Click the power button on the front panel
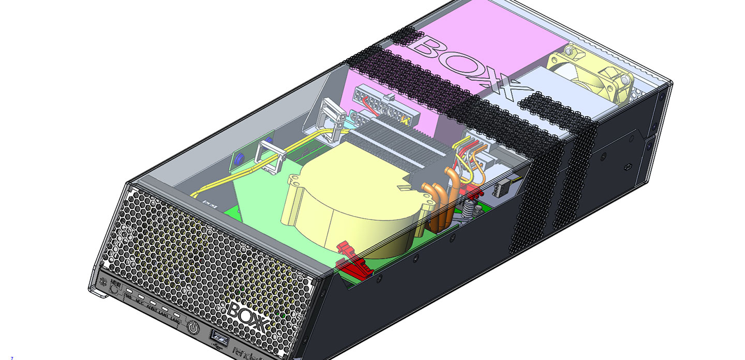click(193, 327)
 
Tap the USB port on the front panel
click(218, 339)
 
